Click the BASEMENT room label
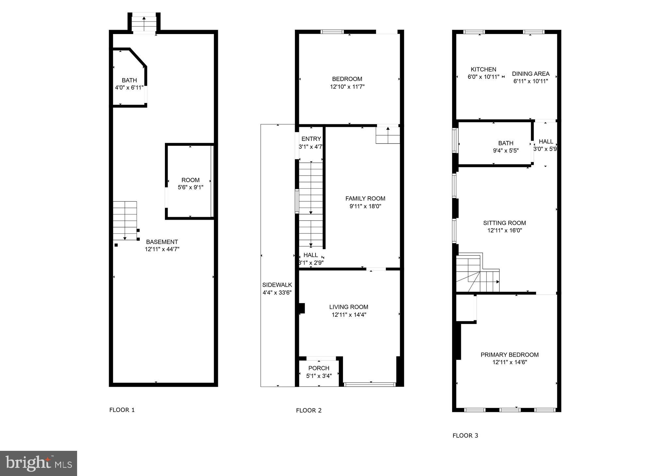tap(162, 242)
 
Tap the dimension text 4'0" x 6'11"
tap(129, 88)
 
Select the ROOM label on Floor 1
tap(190, 180)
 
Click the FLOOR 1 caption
tap(122, 410)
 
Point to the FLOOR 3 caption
tap(465, 435)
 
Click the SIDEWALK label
tap(277, 285)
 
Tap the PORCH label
tap(318, 368)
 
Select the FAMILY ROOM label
tap(365, 198)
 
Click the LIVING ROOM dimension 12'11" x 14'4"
tap(349, 315)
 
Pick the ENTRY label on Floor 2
tap(311, 139)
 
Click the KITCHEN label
tap(483, 69)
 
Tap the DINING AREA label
tap(530, 74)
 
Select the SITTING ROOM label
tap(504, 223)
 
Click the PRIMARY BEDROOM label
tap(509, 355)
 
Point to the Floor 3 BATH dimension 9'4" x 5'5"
tap(506, 151)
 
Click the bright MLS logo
tap(39, 463)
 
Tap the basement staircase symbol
tap(125, 221)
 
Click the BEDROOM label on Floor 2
tap(347, 79)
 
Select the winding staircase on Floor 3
tap(477, 274)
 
